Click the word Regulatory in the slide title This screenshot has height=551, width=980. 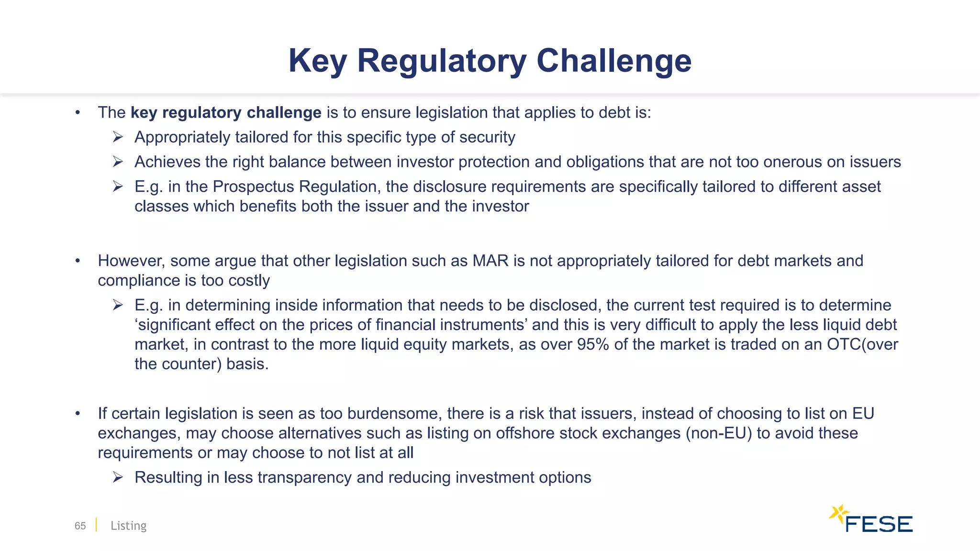[441, 61]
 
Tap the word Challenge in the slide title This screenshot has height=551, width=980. [614, 61]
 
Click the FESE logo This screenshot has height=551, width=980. [871, 519]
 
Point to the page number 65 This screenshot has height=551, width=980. [80, 526]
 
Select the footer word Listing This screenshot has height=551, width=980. [128, 526]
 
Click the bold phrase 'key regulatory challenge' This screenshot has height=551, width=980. [226, 112]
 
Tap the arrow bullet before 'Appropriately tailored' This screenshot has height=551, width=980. [118, 138]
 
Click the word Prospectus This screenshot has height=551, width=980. [253, 187]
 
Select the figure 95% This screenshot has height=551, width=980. [593, 344]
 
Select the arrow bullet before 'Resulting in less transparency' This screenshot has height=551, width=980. [118, 477]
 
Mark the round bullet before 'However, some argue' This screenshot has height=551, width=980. [78, 261]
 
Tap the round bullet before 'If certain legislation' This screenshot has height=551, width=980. [78, 414]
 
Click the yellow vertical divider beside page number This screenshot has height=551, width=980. [96, 525]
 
